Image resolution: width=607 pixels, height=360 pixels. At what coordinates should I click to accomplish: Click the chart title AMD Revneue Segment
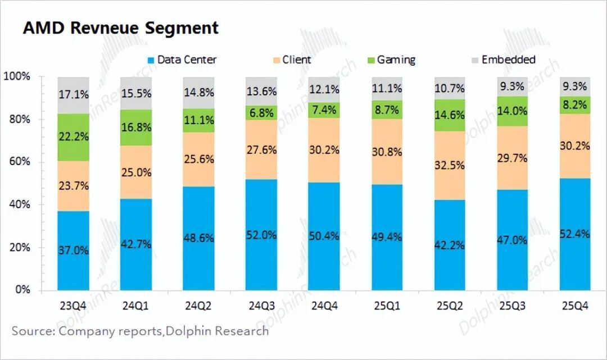tap(120, 28)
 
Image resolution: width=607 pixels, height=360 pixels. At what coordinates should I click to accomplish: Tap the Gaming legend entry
tap(390, 60)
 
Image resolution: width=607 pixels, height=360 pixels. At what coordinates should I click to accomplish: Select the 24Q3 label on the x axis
tap(261, 307)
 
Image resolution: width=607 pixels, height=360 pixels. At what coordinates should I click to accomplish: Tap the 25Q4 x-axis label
tap(574, 307)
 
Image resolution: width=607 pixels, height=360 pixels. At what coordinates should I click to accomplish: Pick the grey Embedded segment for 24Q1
tap(136, 93)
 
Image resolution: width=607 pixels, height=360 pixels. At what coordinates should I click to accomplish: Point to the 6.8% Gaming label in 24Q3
tap(261, 113)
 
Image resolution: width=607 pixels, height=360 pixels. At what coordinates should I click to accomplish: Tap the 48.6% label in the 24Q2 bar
tap(198, 238)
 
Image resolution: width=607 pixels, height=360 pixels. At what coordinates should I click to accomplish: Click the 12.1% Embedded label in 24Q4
tap(324, 90)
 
